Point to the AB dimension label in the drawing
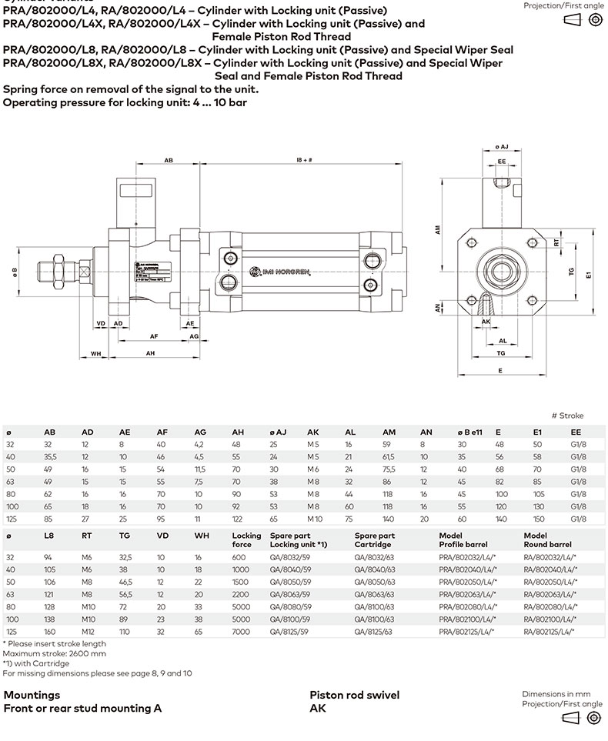point(169,160)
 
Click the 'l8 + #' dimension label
point(304,160)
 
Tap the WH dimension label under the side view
point(96,353)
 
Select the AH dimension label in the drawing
point(152,353)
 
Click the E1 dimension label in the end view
point(588,274)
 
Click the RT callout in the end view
point(556,242)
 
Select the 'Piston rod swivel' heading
point(354,695)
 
